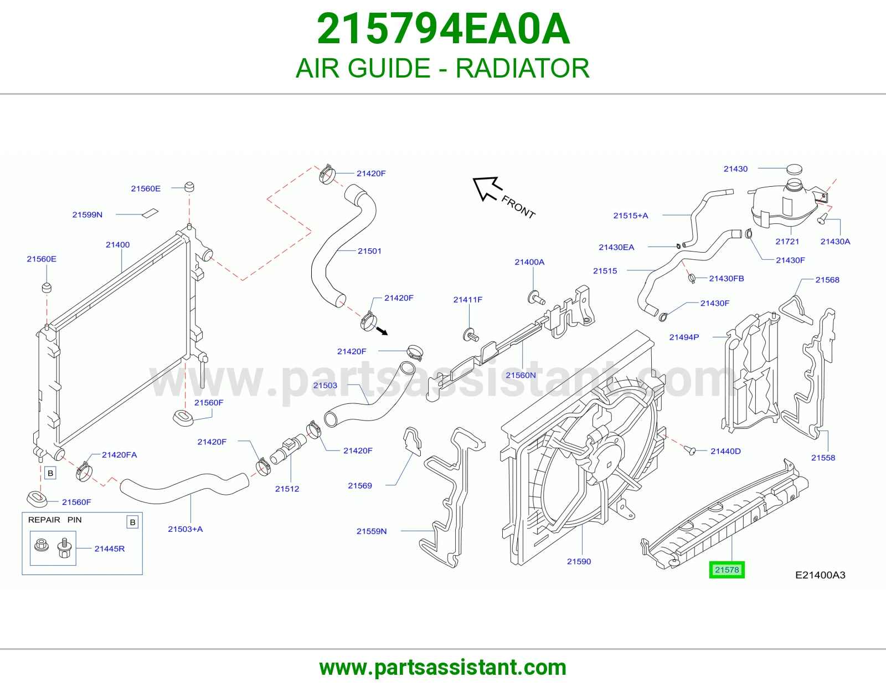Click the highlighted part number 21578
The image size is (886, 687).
727,570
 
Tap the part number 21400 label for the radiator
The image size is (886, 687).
117,245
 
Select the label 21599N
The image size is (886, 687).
87,214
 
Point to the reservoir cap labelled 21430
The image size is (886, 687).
794,169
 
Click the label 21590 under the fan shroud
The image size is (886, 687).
579,561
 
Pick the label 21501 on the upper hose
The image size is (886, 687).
369,251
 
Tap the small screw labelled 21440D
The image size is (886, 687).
690,450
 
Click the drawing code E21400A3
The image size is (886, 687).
820,575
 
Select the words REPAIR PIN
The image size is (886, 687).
55,520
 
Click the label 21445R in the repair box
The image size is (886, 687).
109,548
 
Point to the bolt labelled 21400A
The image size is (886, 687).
536,298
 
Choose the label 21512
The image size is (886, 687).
287,489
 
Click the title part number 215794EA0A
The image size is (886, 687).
443,29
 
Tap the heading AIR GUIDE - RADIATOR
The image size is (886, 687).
442,68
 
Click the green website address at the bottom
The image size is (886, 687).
443,668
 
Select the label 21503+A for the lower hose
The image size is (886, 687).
185,529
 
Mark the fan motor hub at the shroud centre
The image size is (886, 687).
605,453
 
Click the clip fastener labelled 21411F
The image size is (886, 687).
471,335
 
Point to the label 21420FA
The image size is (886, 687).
119,455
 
